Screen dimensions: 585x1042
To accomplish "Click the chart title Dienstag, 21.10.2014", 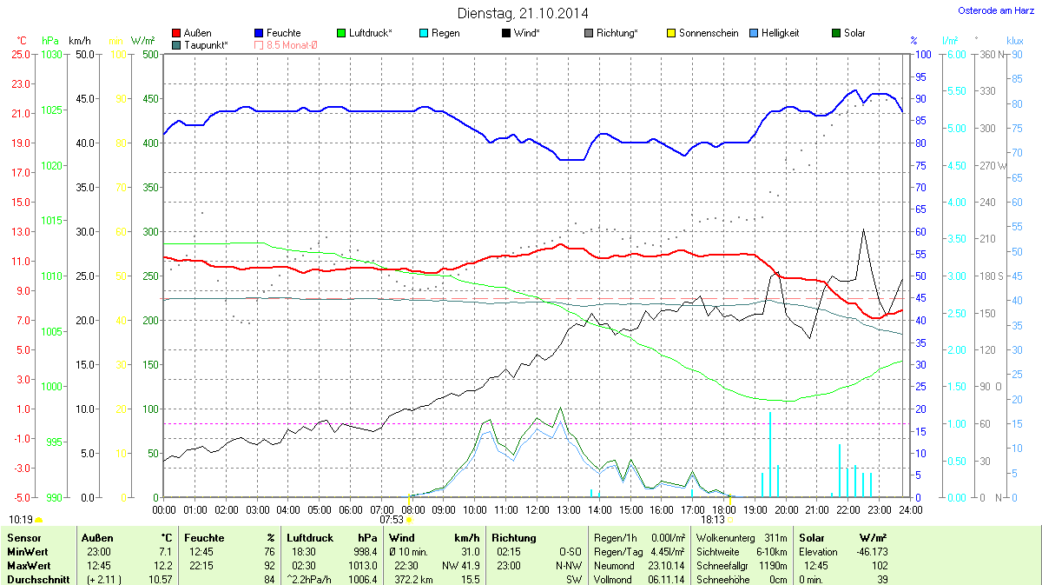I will click(522, 14).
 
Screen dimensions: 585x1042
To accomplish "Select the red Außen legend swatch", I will click(177, 33).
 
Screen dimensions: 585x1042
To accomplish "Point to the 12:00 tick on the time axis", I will click(537, 509).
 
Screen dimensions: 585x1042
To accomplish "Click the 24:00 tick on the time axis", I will click(911, 509).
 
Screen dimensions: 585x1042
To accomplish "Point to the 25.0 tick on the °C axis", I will click(21, 55).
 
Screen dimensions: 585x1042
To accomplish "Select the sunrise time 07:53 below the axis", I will click(392, 520).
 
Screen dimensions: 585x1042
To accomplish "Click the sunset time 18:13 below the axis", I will click(713, 520).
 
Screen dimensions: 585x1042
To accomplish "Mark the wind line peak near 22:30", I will click(863, 229).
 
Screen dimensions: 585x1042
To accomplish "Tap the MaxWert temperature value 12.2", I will click(166, 566).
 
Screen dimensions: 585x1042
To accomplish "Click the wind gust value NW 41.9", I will click(460, 566).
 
